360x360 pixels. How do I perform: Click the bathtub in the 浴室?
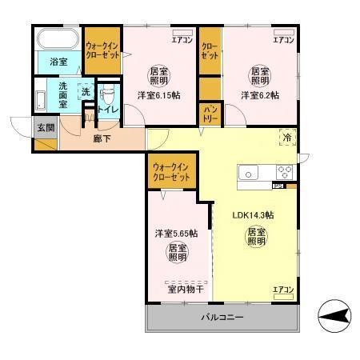[57, 38]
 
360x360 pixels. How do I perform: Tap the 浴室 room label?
[57, 62]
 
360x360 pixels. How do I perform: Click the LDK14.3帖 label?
[254, 215]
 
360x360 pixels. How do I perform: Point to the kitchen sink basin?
[249, 173]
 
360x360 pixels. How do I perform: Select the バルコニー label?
[221, 318]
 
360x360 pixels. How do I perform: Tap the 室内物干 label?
[184, 290]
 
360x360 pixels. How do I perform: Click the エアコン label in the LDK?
[284, 289]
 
